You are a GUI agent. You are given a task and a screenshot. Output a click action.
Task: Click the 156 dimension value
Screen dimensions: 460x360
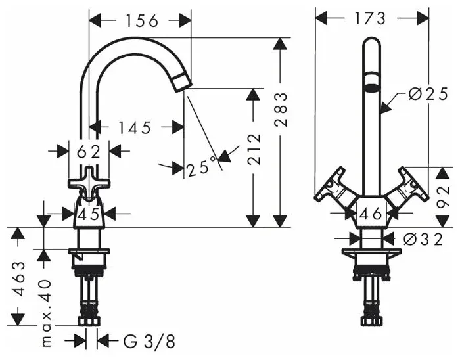[x=142, y=21]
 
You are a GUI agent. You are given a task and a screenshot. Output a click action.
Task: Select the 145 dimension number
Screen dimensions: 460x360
[x=135, y=128]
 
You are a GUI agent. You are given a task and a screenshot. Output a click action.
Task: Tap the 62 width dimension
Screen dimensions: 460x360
[x=89, y=152]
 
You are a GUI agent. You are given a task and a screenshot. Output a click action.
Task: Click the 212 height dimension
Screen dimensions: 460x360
[x=254, y=150]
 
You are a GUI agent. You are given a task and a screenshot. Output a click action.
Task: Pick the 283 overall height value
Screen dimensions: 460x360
[x=281, y=110]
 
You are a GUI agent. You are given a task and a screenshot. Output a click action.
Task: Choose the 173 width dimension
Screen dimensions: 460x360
[x=370, y=19]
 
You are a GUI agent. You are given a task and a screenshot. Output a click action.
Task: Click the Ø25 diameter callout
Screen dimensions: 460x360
[x=428, y=94]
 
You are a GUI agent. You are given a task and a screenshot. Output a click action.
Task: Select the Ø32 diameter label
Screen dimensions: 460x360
[x=423, y=240]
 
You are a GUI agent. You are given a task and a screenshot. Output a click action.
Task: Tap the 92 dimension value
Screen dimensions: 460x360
[x=442, y=196]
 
